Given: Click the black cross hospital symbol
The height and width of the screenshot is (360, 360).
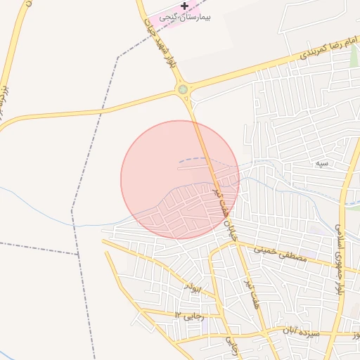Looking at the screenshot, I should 184,6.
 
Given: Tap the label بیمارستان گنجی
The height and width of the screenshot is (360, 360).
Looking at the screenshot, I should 186,16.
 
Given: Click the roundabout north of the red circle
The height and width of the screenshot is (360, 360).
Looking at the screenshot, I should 184,89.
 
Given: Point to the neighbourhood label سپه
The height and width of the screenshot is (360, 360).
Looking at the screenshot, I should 321,164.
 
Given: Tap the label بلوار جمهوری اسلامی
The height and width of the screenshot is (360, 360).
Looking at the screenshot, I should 340,254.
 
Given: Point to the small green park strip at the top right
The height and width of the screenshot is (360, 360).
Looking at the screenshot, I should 354,56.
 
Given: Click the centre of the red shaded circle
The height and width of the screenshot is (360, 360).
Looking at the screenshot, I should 180,179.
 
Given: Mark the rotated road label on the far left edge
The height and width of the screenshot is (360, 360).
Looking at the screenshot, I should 4,98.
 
